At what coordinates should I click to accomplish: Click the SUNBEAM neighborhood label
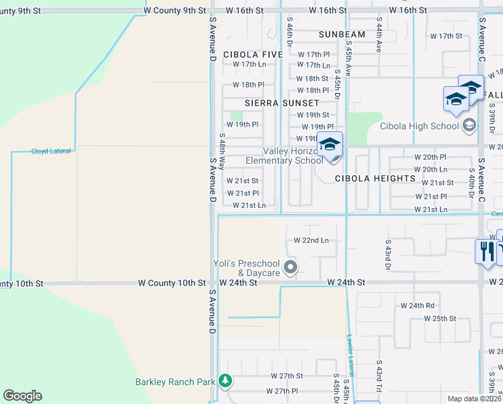[342, 34]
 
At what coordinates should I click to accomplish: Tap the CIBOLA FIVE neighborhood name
[254, 54]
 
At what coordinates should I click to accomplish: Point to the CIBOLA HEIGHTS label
[375, 178]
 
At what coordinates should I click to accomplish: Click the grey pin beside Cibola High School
[469, 125]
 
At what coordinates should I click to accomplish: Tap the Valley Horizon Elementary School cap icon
[330, 146]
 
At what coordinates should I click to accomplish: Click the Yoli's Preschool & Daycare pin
[291, 268]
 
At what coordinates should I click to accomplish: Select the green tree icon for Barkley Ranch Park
[225, 382]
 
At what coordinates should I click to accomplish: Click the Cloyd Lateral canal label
[51, 151]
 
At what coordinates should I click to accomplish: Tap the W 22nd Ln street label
[311, 240]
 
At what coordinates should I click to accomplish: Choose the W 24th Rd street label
[420, 305]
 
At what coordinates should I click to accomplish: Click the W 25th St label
[440, 318]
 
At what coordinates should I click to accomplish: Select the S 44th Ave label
[379, 36]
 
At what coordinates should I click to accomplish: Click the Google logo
[22, 395]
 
